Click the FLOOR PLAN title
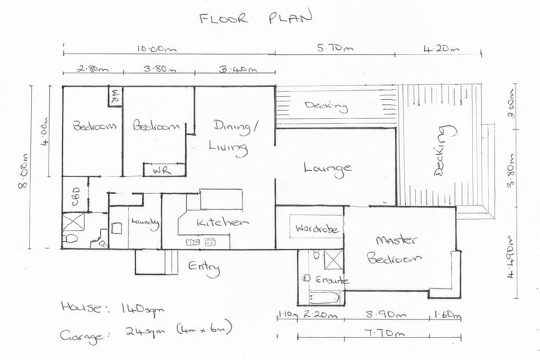(x=254, y=18)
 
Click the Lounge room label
(x=327, y=168)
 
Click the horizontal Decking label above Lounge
(x=326, y=107)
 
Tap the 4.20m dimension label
(x=441, y=49)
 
